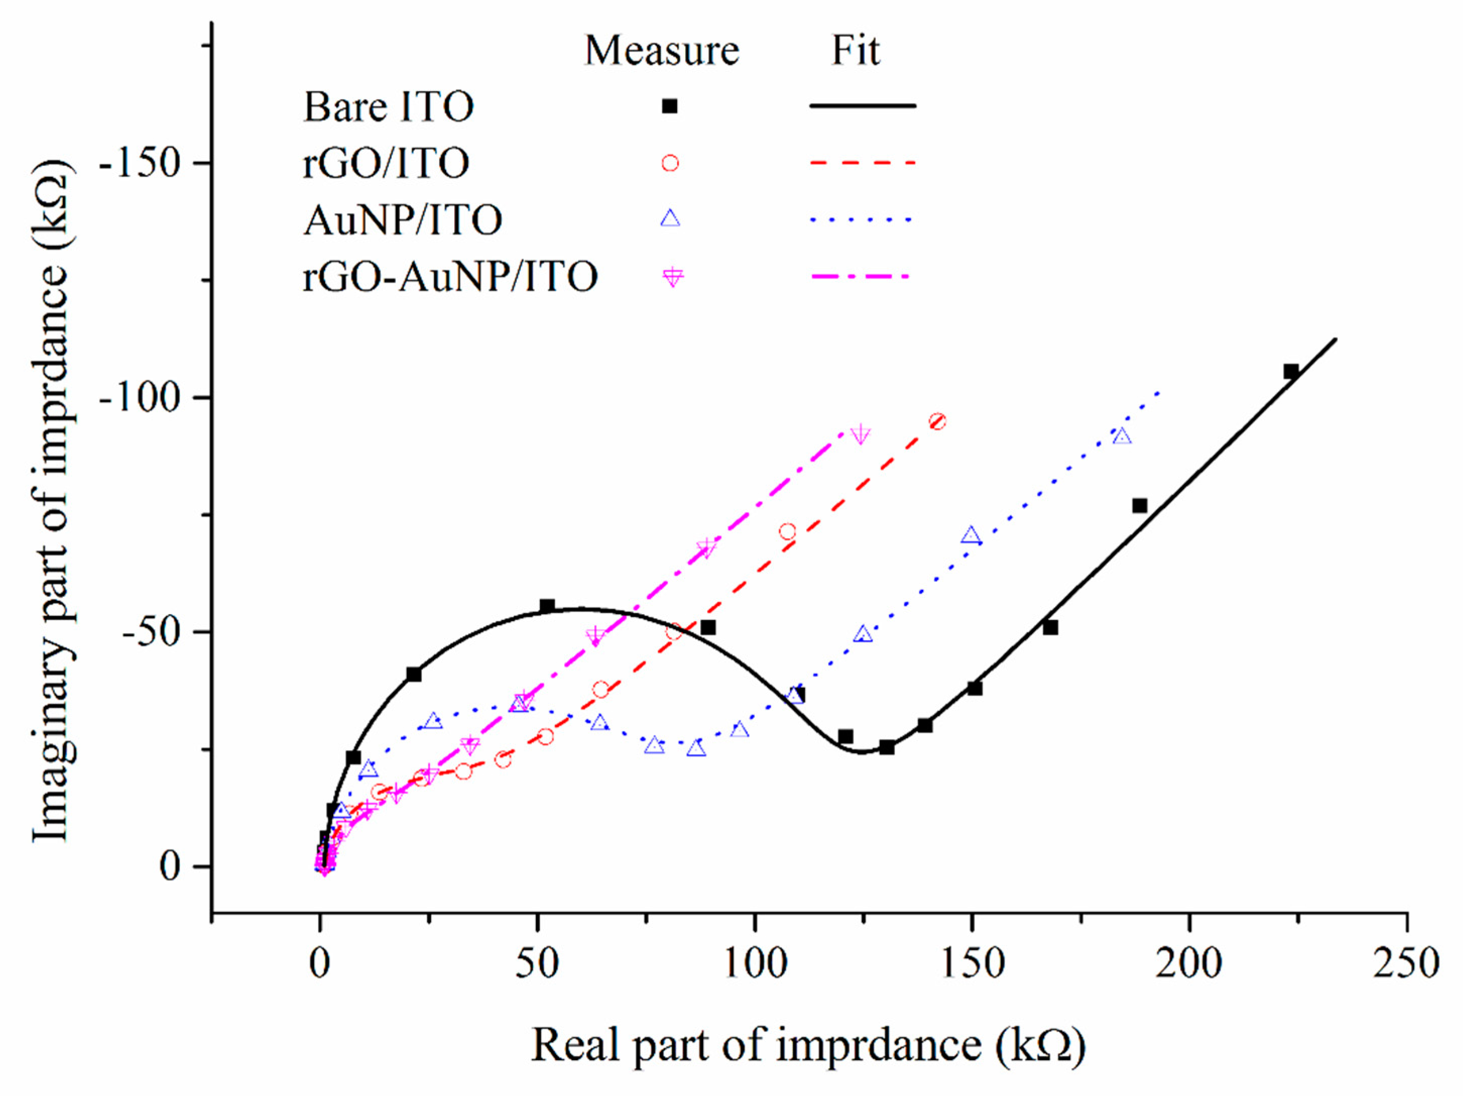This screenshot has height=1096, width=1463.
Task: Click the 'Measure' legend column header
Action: click(x=661, y=50)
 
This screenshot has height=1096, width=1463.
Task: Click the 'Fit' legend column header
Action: click(x=855, y=50)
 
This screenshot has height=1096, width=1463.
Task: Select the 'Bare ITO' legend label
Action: click(x=388, y=106)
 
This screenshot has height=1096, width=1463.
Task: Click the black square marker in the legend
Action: click(x=670, y=106)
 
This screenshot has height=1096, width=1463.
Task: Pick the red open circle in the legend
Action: click(x=670, y=163)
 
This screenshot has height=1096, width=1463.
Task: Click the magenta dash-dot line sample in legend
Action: click(x=862, y=276)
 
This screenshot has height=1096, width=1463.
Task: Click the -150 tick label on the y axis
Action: click(x=140, y=163)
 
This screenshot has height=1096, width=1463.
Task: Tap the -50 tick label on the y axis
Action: click(x=151, y=632)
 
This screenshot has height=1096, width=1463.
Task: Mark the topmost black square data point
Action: click(x=1291, y=371)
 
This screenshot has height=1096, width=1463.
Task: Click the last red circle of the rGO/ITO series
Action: click(x=937, y=421)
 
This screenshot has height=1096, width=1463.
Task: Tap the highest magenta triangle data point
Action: click(x=860, y=434)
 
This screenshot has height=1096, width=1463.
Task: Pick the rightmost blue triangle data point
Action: click(x=1122, y=437)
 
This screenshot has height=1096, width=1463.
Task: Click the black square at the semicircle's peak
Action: click(x=547, y=606)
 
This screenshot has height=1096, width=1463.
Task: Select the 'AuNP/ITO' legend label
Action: click(x=403, y=220)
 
